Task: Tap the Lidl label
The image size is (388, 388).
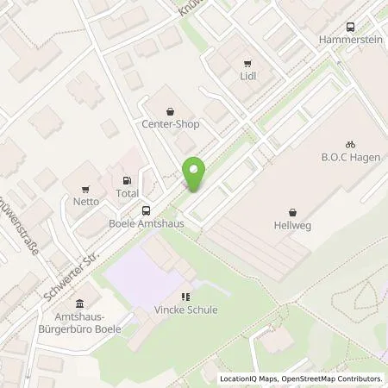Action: pos(248,76)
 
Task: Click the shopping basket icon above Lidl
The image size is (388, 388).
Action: pos(248,62)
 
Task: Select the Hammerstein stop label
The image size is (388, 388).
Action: pos(349,40)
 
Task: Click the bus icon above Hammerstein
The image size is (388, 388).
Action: pos(350,27)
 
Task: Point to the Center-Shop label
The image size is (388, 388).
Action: pos(171,124)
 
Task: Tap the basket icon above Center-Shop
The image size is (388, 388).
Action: pos(171,110)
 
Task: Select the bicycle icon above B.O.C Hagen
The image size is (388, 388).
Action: pos(350,145)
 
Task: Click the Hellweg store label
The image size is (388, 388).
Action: pos(293,223)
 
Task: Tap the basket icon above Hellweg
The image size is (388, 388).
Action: pos(293,210)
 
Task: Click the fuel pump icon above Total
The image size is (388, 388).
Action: pos(128,181)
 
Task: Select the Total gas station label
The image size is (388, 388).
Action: pos(128,194)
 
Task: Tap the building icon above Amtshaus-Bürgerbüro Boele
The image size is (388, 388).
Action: pos(80,304)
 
